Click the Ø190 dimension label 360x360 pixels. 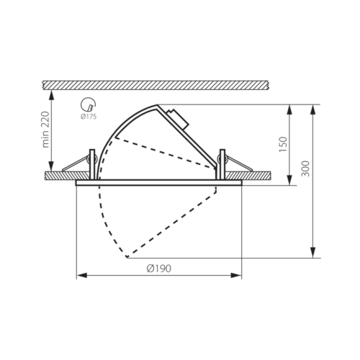[159, 268]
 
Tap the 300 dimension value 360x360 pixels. [305, 168]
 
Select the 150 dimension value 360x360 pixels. [283, 144]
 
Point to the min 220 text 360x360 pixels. [45, 130]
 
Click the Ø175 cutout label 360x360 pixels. [89, 117]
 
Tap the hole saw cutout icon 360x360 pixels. [88, 104]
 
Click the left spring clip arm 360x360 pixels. [76, 163]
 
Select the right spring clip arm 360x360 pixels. [239, 163]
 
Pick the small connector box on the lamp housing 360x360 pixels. [179, 119]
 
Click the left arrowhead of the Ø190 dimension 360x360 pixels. [81, 275]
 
